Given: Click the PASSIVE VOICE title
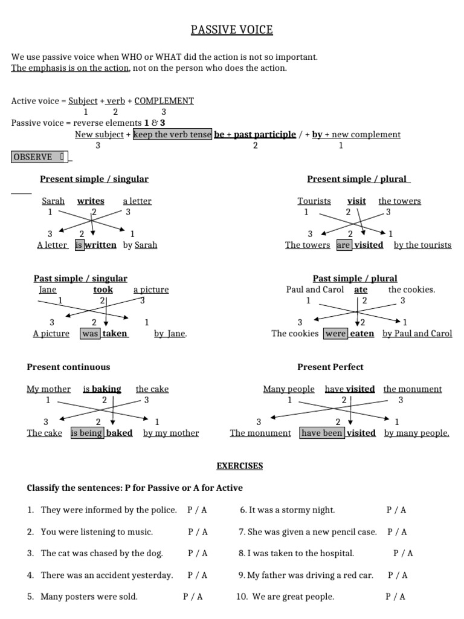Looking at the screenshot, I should point(232,30).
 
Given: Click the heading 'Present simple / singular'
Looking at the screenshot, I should point(94,179).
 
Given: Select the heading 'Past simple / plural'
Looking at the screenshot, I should point(355,279).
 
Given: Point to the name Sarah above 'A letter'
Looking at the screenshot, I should point(53,201).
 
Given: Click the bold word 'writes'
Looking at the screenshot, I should point(91,201).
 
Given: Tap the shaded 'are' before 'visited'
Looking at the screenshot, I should point(343,245).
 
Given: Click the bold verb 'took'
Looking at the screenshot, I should point(103,290).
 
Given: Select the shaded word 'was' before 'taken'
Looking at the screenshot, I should point(90,334).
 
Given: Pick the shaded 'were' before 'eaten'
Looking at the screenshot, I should point(335,334).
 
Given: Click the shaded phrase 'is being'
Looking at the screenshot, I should point(87,433).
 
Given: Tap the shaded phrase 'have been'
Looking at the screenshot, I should point(321,433).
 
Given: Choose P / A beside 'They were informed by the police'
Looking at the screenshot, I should point(197,510).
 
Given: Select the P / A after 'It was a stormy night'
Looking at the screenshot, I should point(396,510).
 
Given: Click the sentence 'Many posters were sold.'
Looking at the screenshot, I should point(89,597).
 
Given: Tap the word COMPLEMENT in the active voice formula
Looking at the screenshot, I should point(164,101).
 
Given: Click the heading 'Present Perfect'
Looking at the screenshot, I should point(330,367).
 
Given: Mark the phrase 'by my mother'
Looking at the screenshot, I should point(171,433).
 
